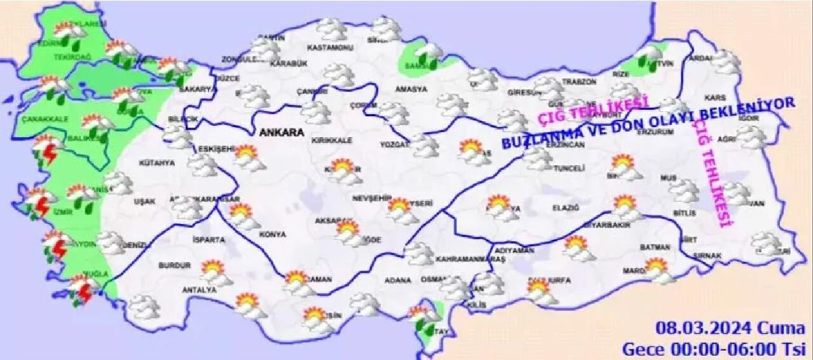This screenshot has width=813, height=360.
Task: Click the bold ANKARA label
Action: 277,133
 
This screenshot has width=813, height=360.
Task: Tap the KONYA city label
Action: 273,234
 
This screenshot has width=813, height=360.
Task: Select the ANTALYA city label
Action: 199,290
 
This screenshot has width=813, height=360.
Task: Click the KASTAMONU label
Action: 329,48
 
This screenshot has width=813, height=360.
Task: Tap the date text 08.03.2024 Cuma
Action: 730,329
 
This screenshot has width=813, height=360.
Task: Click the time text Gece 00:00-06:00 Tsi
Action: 713,349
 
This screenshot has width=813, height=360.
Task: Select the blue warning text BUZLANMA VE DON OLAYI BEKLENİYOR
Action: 648,124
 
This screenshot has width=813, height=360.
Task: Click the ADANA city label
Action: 398,279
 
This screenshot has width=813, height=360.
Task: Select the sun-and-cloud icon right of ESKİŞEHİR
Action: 248,157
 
